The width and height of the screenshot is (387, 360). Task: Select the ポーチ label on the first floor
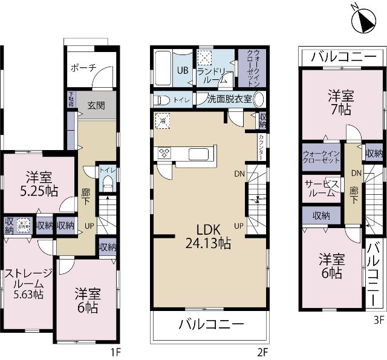point(83,68)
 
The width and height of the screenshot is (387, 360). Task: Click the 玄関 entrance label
point(96,105)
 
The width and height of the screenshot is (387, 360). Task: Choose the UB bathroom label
point(181,70)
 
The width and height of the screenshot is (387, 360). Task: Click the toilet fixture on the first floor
point(108,185)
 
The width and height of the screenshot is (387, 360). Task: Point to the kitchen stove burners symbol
point(164,154)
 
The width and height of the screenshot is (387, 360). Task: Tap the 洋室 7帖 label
point(341,102)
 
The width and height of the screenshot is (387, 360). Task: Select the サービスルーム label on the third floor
point(320,188)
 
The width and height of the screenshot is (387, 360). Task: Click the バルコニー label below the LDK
point(211,324)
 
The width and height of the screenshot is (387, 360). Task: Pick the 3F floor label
point(378,319)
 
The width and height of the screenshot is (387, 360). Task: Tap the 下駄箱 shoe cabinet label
point(71,99)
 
